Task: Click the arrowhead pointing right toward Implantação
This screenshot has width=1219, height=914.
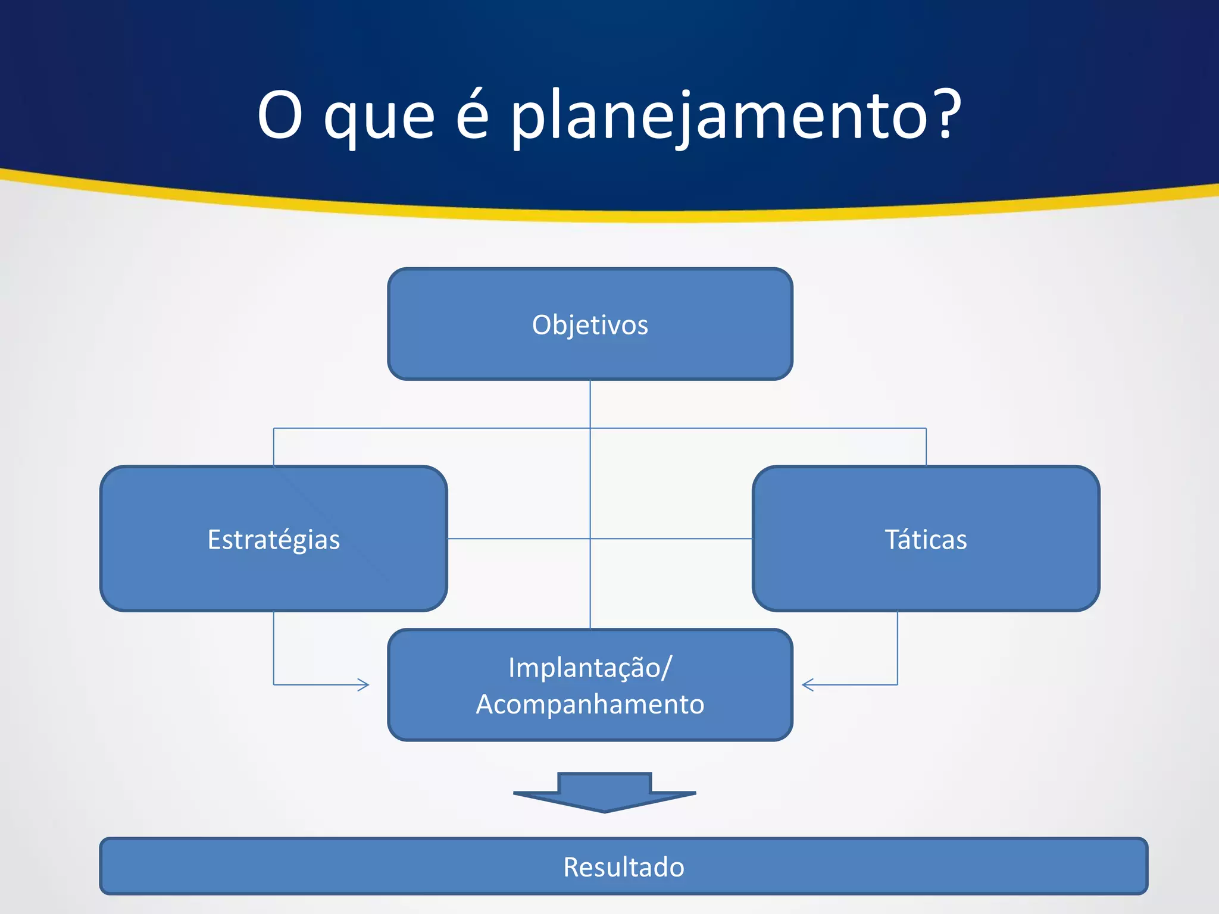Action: tap(364, 685)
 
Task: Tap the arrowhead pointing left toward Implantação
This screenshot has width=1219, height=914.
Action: tap(807, 685)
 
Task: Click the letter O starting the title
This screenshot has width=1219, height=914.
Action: tap(280, 114)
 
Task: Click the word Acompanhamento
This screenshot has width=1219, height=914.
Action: tap(590, 705)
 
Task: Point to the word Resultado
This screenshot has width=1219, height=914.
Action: tap(624, 867)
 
